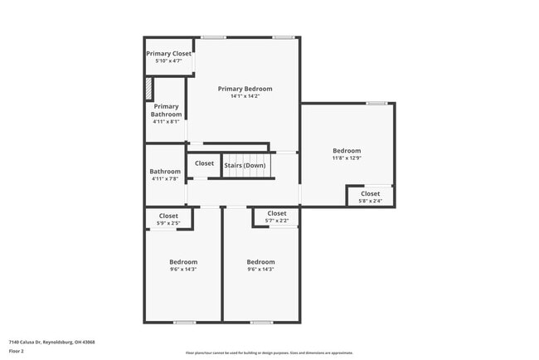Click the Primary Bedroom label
pyautogui.click(x=245, y=89)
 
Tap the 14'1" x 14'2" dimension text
pyautogui.click(x=245, y=96)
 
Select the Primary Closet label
pyautogui.click(x=168, y=54)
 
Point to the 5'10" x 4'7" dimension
pyautogui.click(x=168, y=61)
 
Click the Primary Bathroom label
pyautogui.click(x=166, y=110)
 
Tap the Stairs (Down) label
pyautogui.click(x=245, y=165)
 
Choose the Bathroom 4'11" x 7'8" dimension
pyautogui.click(x=165, y=179)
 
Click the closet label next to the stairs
pyautogui.click(x=204, y=163)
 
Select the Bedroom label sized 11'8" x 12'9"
pyautogui.click(x=347, y=150)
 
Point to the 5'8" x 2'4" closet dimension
pyautogui.click(x=370, y=201)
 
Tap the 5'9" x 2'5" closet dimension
pyautogui.click(x=168, y=223)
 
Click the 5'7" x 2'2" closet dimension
pyautogui.click(x=277, y=221)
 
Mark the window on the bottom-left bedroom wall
pyautogui.click(x=184, y=322)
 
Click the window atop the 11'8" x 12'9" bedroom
pyautogui.click(x=376, y=103)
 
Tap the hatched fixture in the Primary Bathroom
pyautogui.click(x=149, y=89)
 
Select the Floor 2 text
pyautogui.click(x=17, y=351)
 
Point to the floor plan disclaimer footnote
pyautogui.click(x=269, y=353)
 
